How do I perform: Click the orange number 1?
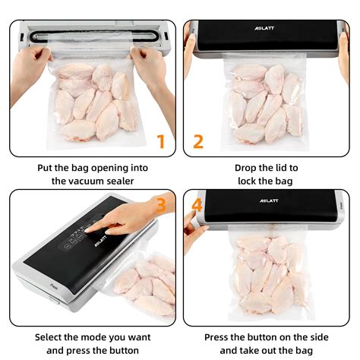pyautogui.click(x=161, y=141)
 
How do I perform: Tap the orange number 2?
pyautogui.click(x=198, y=141)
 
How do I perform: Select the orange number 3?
pyautogui.click(x=161, y=205)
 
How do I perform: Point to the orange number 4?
pyautogui.click(x=197, y=205)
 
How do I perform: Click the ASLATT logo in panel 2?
pyautogui.click(x=264, y=28)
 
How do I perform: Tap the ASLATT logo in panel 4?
pyautogui.click(x=269, y=201)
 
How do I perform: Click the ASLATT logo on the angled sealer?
pyautogui.click(x=100, y=241)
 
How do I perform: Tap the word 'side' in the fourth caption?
pyautogui.click(x=319, y=337)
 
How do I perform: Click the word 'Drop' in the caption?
pyautogui.click(x=245, y=168)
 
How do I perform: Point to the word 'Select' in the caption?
pyautogui.click(x=48, y=337)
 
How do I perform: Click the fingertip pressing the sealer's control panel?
pyautogui.click(x=87, y=231)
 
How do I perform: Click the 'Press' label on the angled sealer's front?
pyautogui.click(x=54, y=286)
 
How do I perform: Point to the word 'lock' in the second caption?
pyautogui.click(x=247, y=182)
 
